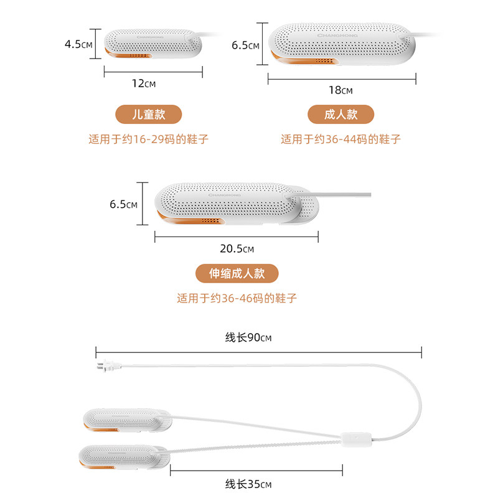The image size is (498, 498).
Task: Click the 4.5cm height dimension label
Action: click(78, 44)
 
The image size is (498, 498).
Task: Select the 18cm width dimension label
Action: click(340, 90)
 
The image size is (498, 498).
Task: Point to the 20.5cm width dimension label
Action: click(237, 248)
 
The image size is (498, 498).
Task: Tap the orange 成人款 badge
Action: click(341, 115)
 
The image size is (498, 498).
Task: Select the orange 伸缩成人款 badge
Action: click(237, 273)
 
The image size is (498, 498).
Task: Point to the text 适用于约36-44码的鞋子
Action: click(341, 139)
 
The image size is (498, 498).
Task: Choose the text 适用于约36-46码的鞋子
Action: click(237, 298)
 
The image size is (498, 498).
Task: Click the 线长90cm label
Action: click(248, 338)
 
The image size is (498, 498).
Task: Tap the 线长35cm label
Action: click(248, 484)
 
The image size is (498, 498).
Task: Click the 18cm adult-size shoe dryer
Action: click(341, 45)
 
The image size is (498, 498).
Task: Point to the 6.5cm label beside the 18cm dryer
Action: click(245, 45)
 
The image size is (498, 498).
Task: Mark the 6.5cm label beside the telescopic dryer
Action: click(123, 204)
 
